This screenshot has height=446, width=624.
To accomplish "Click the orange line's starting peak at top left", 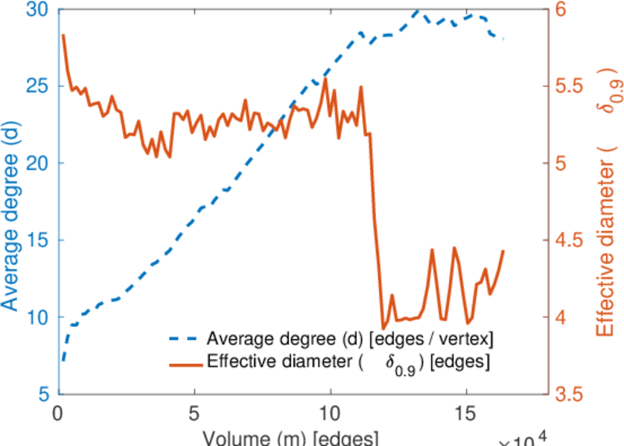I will point(63,35).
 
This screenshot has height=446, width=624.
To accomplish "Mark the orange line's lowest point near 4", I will point(383,328).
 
